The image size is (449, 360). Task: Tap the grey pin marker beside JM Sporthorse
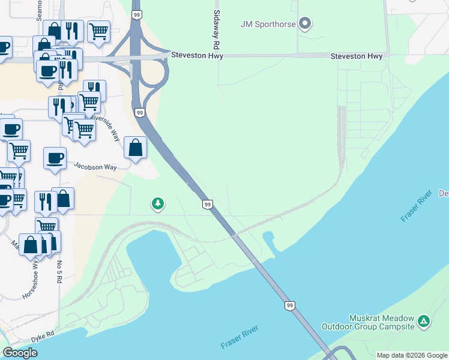(305, 24)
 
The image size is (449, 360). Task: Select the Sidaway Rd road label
(216, 29)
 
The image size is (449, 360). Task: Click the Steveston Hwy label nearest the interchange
(197, 56)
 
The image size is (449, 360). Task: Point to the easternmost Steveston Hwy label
(357, 56)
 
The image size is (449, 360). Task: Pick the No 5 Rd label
(60, 275)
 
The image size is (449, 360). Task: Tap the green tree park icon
(157, 204)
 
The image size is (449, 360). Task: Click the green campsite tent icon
(424, 322)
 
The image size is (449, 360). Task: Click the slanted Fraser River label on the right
(413, 207)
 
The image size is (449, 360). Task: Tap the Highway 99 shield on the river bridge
(290, 306)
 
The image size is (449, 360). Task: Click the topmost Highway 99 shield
(137, 14)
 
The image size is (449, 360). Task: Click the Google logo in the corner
(20, 353)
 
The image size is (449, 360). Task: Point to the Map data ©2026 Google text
(412, 355)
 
